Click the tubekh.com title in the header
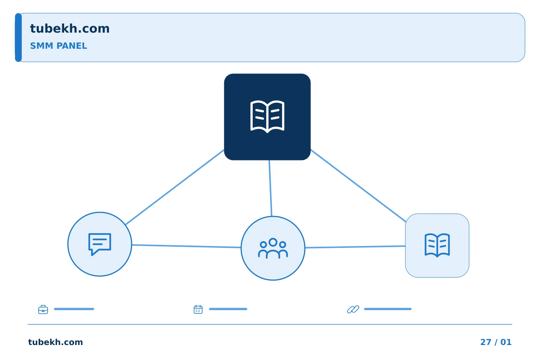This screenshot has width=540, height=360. coord(70,29)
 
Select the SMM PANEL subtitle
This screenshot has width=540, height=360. coord(58,46)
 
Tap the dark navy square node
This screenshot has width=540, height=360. coord(267,117)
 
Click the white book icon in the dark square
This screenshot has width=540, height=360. coord(267,117)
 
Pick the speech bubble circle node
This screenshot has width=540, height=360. coord(100,244)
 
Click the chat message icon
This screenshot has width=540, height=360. coord(100,244)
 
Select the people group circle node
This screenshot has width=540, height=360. coord(273,248)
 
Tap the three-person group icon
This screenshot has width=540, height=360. coord(273,248)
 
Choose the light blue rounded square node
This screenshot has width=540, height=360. coord(437,246)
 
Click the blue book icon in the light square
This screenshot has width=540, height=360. coord(437,245)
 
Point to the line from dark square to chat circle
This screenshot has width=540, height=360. coord(175,187)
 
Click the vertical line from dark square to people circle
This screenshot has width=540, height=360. coord(270,188)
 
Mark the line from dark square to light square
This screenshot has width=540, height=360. coord(358,186)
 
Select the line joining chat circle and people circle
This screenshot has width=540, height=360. coord(186,246)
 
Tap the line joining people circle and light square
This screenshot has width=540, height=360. coord(355,247)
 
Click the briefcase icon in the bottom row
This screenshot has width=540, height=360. coord(43,309)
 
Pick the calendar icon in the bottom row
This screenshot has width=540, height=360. coord(198,309)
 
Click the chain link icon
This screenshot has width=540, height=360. coord(353,309)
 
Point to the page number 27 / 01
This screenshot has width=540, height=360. coord(496,342)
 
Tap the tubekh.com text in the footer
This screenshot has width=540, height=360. coord(55,342)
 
